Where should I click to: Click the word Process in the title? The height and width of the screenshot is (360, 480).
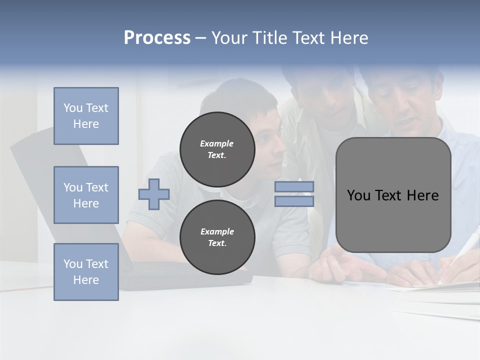click(157, 38)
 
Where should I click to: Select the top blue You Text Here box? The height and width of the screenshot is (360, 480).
click(86, 116)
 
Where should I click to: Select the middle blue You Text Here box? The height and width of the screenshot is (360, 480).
click(86, 195)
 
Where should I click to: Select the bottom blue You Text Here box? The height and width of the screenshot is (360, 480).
click(86, 272)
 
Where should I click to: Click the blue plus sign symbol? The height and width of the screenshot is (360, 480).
click(154, 194)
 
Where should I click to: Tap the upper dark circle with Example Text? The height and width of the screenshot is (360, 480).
click(217, 149)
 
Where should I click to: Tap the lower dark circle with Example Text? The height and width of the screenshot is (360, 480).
click(217, 237)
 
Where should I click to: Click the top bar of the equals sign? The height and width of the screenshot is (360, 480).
click(294, 186)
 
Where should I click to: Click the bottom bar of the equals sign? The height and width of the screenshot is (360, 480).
click(294, 201)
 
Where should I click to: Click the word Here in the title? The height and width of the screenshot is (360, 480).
click(350, 38)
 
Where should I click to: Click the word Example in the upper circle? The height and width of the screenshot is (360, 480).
click(216, 143)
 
